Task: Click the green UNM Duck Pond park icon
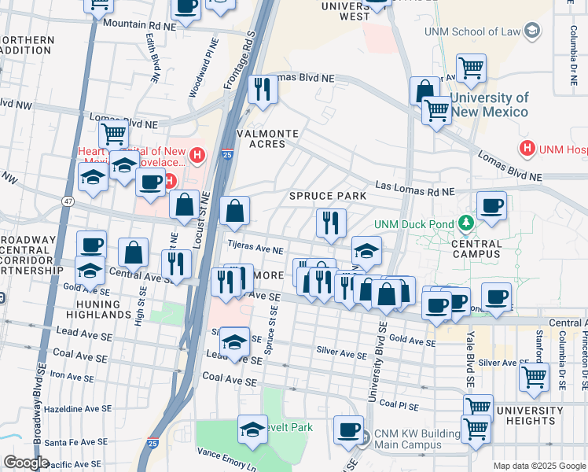(466, 224)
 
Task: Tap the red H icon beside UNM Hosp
(526, 147)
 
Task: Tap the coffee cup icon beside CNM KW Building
(348, 431)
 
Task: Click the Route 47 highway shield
(68, 202)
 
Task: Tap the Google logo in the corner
(26, 463)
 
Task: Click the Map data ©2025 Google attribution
(538, 466)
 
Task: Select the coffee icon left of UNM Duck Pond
(491, 207)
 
